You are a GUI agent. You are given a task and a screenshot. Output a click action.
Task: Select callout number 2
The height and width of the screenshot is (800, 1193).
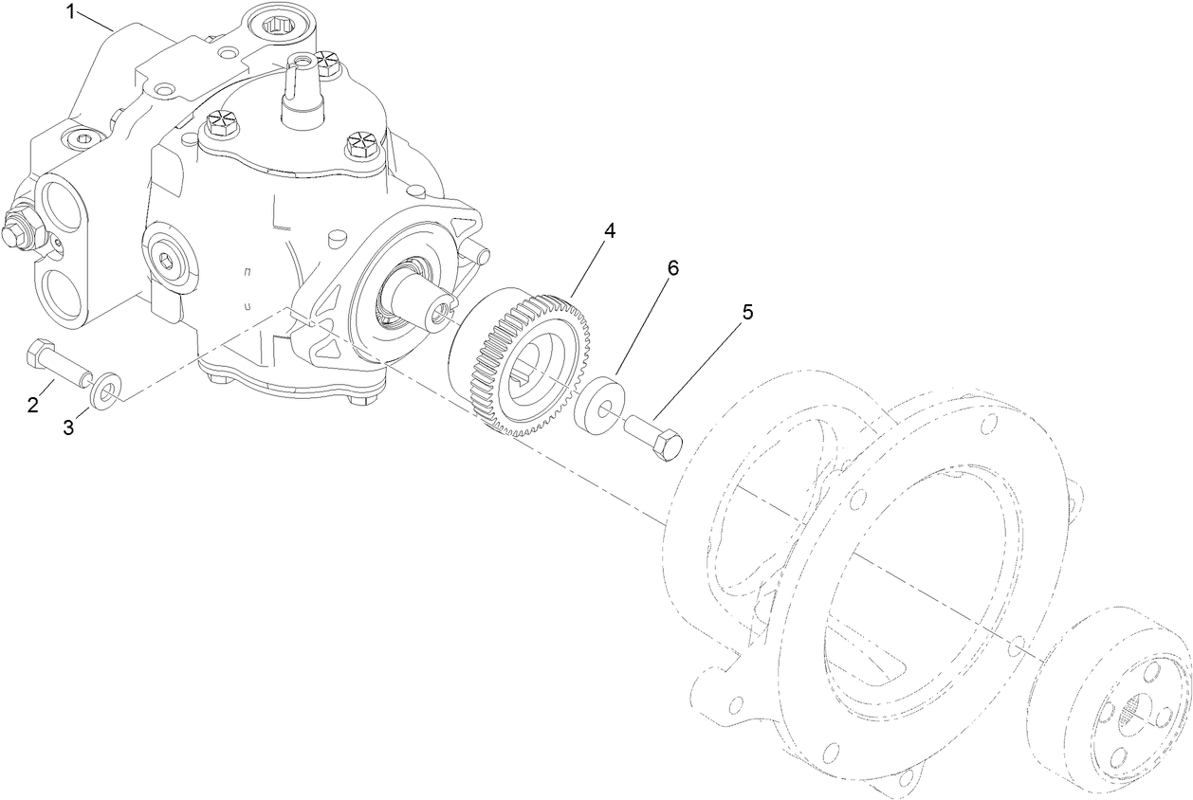coord(33,405)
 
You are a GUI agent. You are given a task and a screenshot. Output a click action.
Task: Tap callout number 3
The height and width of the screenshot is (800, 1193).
coord(68,427)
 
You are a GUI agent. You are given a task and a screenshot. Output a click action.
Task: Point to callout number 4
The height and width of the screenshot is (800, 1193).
coord(610,231)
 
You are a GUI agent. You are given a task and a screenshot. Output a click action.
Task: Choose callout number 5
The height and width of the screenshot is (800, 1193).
coord(747,312)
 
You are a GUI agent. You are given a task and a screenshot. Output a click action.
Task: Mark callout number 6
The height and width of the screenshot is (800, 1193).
coord(672,268)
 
